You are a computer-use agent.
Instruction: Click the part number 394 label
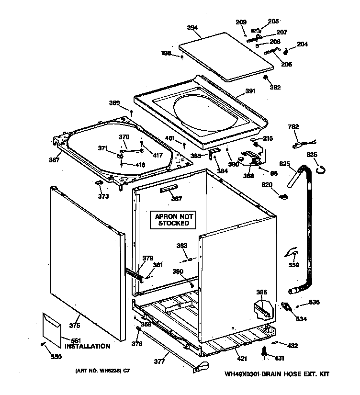(192, 28)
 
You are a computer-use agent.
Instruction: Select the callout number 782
(293, 126)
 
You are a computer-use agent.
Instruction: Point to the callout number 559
(294, 264)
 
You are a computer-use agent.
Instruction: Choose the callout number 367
(54, 160)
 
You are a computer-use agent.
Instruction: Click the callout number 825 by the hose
(285, 164)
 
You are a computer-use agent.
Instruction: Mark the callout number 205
(273, 21)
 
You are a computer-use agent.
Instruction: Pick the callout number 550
(56, 356)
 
